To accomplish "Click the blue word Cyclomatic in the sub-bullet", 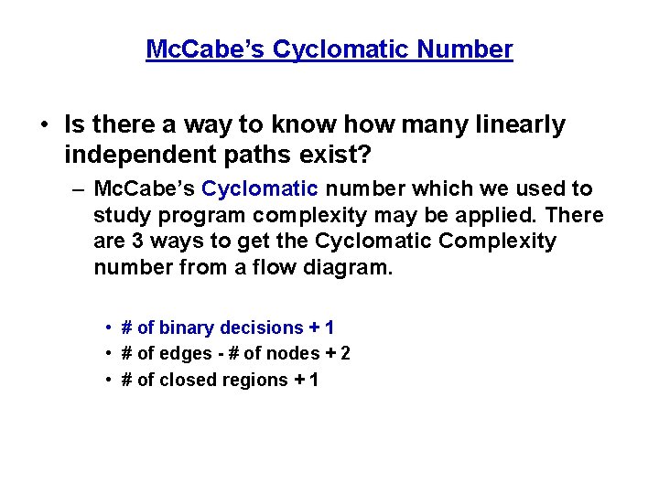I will [x=260, y=189].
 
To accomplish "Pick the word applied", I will [x=506, y=216].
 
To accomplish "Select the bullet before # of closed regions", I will [x=108, y=380].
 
